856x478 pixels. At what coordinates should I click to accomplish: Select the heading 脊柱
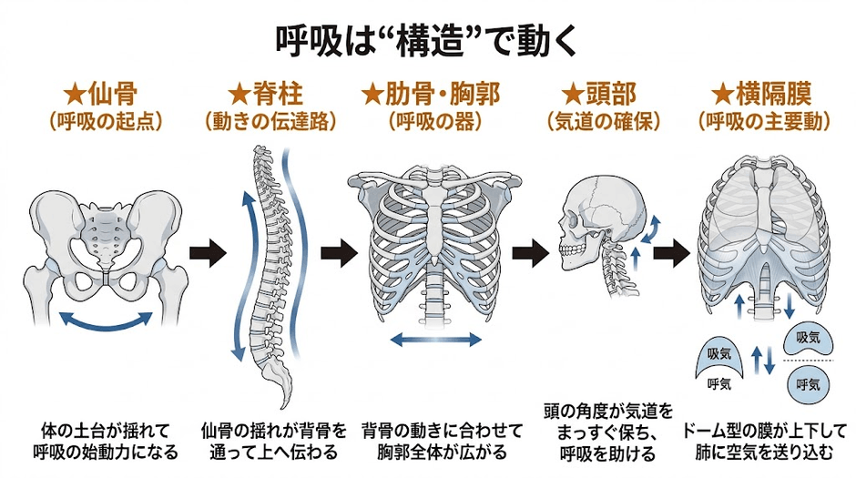(x=278, y=94)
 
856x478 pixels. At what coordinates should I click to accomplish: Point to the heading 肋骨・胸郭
(x=443, y=94)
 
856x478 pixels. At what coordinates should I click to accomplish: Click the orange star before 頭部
(x=573, y=94)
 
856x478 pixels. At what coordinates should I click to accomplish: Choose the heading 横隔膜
(x=773, y=94)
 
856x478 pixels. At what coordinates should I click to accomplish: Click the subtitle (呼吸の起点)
(x=106, y=122)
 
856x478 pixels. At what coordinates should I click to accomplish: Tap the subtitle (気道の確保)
(x=603, y=122)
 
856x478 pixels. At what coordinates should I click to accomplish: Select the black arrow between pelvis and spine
(x=208, y=252)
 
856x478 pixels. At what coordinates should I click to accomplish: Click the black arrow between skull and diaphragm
(x=672, y=252)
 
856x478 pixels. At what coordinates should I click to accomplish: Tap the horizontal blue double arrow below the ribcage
(x=436, y=341)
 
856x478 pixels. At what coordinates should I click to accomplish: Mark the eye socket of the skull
(x=574, y=221)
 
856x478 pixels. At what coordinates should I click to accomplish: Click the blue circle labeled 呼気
(x=808, y=384)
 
